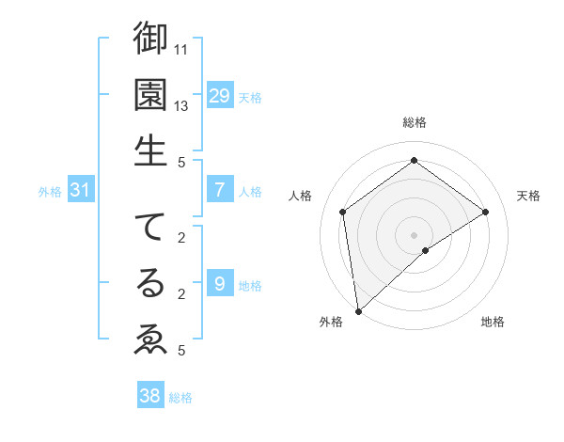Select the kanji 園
(x=150, y=94)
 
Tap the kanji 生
(x=150, y=150)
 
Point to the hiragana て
(x=150, y=228)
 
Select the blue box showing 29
(x=220, y=95)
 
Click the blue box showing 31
(x=81, y=191)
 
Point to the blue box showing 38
(x=150, y=396)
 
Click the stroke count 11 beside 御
(x=182, y=47)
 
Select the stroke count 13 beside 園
(x=182, y=105)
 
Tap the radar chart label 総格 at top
(x=414, y=122)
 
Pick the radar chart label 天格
(x=528, y=196)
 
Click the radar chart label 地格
(x=493, y=322)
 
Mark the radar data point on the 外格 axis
(x=358, y=310)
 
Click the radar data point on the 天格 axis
(x=486, y=212)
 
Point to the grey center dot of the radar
(x=414, y=234)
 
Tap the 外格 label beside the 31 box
(x=50, y=192)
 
